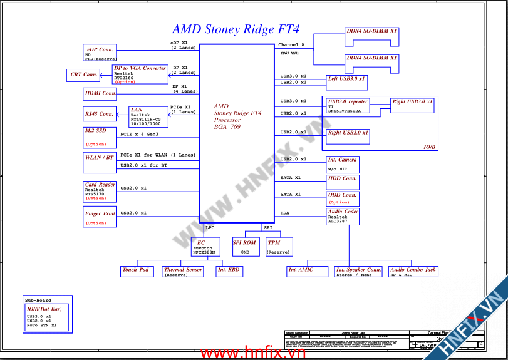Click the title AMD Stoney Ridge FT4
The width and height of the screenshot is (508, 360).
pos(236,29)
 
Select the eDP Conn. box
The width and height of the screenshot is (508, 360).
pos(100,53)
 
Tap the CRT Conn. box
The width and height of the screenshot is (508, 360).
pos(83,75)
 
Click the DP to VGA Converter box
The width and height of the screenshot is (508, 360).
pos(140,75)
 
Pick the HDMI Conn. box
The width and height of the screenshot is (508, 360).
pos(100,94)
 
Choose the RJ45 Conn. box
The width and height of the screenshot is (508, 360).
pos(100,114)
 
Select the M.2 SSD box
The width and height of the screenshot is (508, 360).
pos(100,137)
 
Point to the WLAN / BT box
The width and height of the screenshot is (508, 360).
pos(100,160)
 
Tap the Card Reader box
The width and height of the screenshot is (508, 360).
pos(100,192)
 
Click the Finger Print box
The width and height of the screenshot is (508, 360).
pos(100,217)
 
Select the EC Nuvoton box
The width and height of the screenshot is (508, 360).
pos(205,247)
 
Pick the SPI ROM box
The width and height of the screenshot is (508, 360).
pos(244,247)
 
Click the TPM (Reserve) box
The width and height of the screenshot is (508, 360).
pos(279,247)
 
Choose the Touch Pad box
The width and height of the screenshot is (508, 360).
pos(137,271)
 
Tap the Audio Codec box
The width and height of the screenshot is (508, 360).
pos(343,216)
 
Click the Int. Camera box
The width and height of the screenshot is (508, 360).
pos(343,164)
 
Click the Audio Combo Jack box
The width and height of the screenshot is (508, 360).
pos(413,271)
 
